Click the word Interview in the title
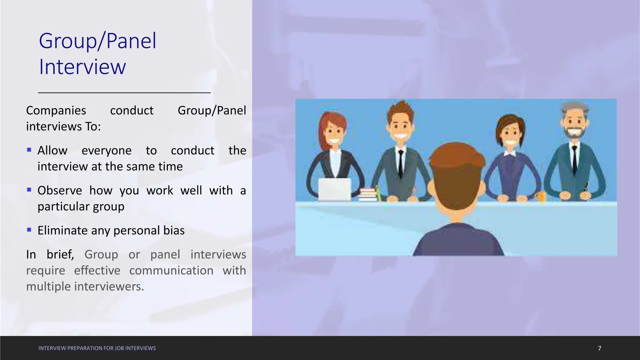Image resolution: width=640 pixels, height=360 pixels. [x=82, y=67]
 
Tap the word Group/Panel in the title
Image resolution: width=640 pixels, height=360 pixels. [x=97, y=41]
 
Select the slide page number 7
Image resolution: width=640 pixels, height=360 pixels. [x=599, y=348]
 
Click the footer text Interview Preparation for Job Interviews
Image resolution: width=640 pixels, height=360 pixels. [x=97, y=348]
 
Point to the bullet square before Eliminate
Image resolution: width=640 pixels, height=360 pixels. [x=29, y=230]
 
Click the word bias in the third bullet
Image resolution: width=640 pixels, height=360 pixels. [x=174, y=231]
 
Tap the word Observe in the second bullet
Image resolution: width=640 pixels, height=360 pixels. [x=60, y=191]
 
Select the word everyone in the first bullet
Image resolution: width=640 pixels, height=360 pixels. [x=106, y=151]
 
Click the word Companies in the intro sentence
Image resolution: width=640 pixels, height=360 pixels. [x=56, y=111]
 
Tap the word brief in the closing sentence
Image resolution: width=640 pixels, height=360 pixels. [x=60, y=255]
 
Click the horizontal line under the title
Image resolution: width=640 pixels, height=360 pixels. [x=124, y=92]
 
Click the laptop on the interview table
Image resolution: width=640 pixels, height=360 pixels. [x=334, y=189]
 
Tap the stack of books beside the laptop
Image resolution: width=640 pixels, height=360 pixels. [x=368, y=194]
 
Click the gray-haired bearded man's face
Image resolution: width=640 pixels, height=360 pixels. [x=574, y=123]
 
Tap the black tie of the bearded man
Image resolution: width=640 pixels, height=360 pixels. [x=574, y=159]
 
